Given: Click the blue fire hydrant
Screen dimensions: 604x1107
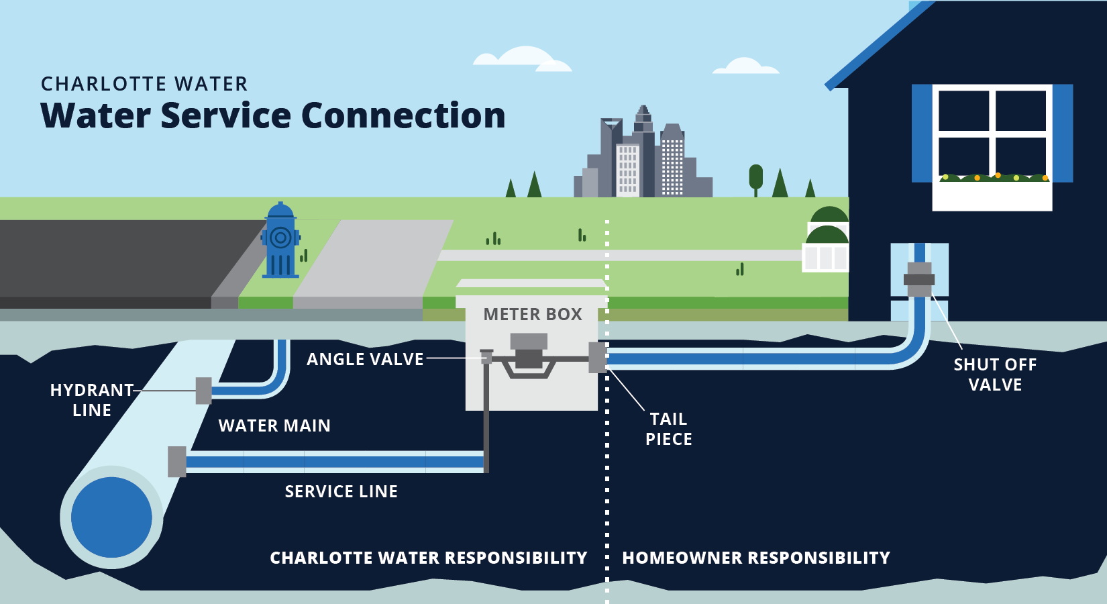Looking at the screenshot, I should coord(280,242).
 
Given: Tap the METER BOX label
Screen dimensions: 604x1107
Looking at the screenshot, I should coord(533,314).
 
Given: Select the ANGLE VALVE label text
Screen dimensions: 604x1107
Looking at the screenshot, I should coord(365,360).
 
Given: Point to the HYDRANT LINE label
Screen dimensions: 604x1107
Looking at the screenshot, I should coord(92,400).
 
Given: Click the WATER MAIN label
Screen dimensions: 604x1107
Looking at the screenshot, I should coord(274,426).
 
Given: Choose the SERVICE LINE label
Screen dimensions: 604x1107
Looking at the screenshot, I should coord(341,492).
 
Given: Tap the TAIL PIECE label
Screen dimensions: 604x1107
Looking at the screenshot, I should coord(668,429).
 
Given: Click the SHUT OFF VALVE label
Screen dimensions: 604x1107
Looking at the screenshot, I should coord(995,374).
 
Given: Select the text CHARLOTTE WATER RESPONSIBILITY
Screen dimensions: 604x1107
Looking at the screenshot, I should coord(428,558).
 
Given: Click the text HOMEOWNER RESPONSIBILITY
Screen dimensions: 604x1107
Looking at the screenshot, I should coord(756,558).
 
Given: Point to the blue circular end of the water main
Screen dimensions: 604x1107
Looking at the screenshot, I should coord(111,517).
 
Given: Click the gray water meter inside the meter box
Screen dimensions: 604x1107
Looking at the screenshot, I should coord(529,356).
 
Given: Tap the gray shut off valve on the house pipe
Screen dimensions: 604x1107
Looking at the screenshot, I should coord(919,279).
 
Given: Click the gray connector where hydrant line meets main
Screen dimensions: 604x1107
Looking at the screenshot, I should coord(203,391).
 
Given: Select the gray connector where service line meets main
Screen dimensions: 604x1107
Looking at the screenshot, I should coord(176,462).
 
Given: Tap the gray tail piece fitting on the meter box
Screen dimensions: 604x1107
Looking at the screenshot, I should coord(596,358).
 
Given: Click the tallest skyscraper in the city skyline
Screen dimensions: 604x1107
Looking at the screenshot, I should coord(643,151).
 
